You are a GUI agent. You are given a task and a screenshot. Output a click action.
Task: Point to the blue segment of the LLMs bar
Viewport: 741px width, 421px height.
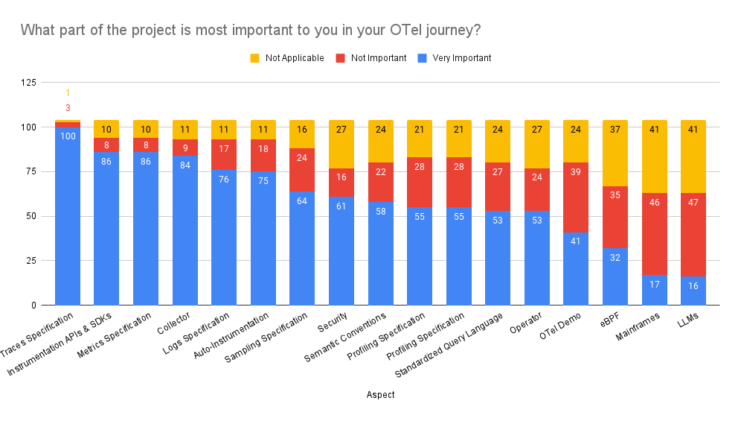pos(693,291)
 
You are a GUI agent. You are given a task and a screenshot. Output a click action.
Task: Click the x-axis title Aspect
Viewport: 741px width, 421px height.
pos(380,395)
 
